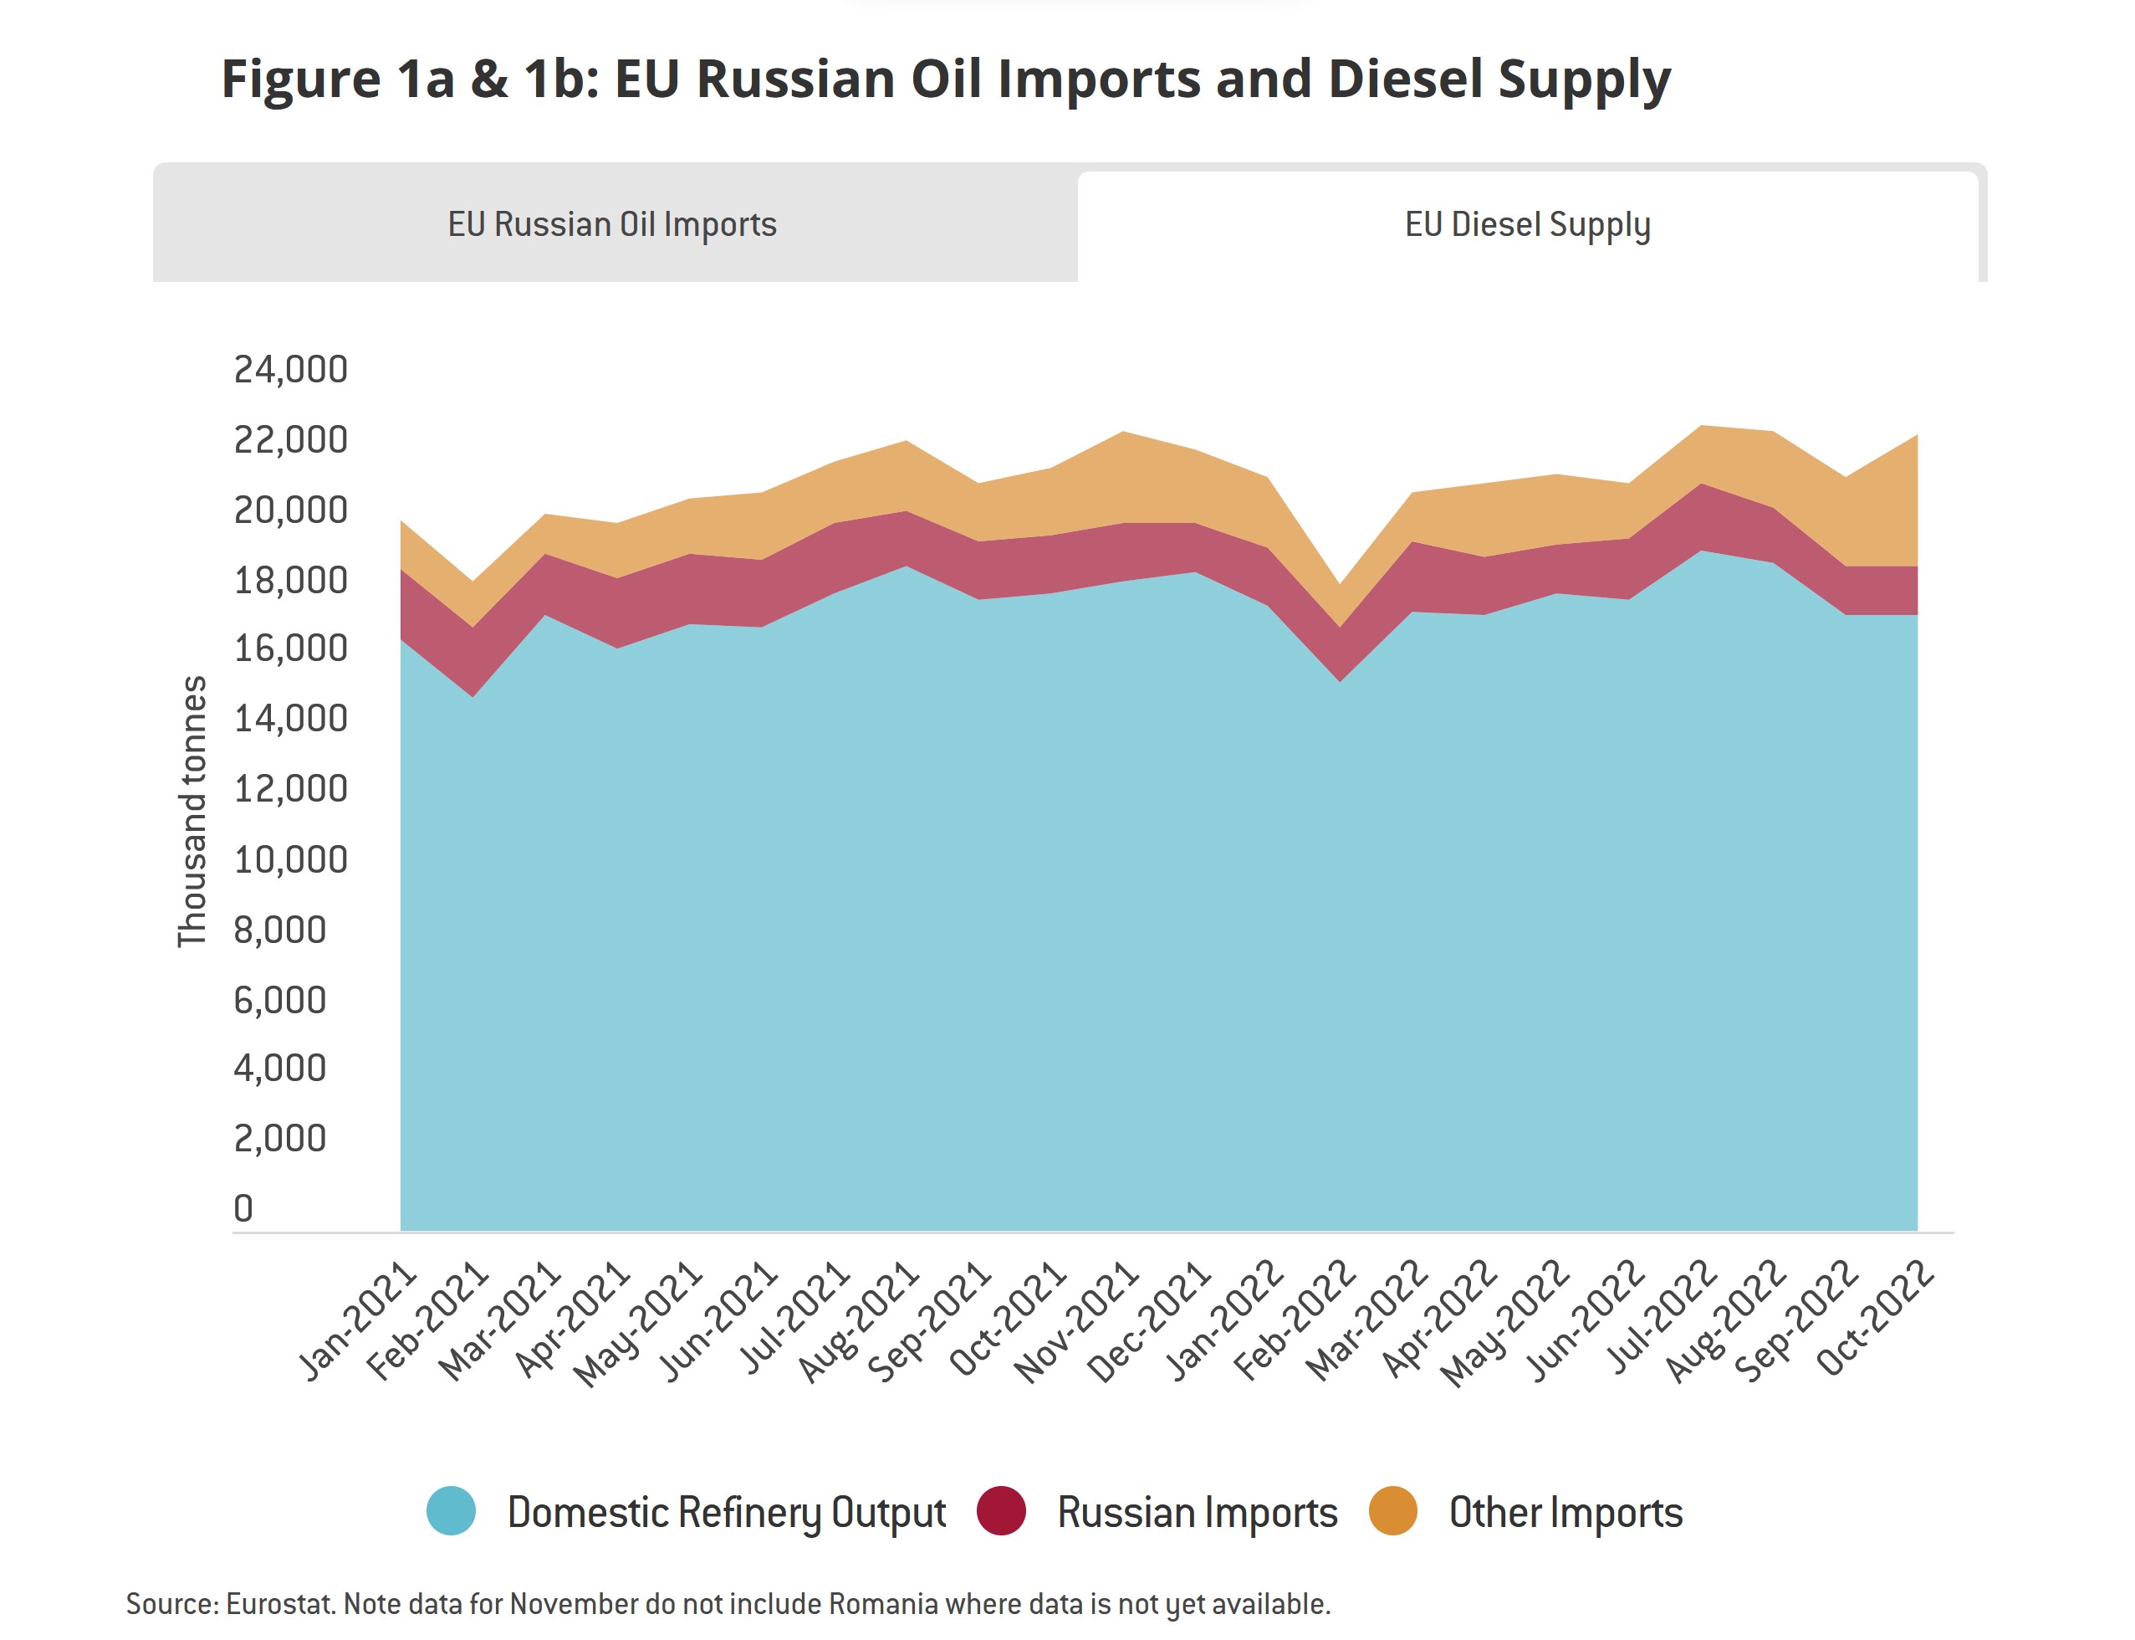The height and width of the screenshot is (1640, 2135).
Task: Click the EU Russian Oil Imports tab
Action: (x=612, y=224)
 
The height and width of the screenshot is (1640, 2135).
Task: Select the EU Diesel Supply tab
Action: (x=1526, y=224)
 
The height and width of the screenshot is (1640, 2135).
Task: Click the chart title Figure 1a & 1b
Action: (x=944, y=78)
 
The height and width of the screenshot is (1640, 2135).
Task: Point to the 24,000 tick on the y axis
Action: (x=290, y=370)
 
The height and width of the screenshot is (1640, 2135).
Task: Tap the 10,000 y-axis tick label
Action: (x=290, y=860)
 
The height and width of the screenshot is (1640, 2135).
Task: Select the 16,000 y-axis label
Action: (x=290, y=649)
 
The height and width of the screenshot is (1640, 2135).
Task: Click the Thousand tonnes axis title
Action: (x=192, y=810)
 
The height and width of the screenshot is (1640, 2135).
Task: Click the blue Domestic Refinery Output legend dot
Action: (x=451, y=1511)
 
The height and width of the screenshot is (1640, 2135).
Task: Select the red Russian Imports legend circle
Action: (x=1001, y=1511)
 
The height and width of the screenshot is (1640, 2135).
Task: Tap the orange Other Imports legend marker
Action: (x=1392, y=1511)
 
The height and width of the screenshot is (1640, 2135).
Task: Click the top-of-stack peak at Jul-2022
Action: (x=1702, y=427)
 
